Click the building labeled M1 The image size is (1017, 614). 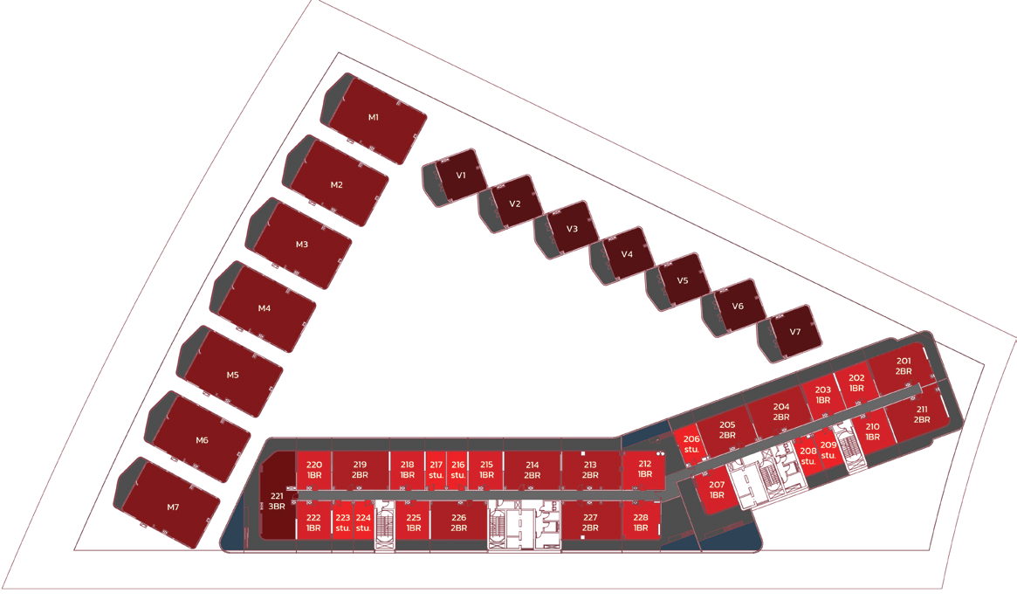tap(375, 118)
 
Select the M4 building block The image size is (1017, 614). tap(264, 307)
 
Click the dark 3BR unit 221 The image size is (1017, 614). tap(278, 496)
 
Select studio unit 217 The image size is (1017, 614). tap(436, 470)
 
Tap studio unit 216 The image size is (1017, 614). tap(458, 470)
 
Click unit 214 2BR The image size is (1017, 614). tap(533, 470)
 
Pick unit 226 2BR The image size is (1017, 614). tap(458, 521)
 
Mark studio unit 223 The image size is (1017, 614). tap(342, 521)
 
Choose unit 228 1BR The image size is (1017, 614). tap(641, 521)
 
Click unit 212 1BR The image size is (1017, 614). tap(644, 470)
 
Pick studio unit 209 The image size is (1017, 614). tap(828, 450)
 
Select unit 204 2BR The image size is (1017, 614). tap(780, 412)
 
